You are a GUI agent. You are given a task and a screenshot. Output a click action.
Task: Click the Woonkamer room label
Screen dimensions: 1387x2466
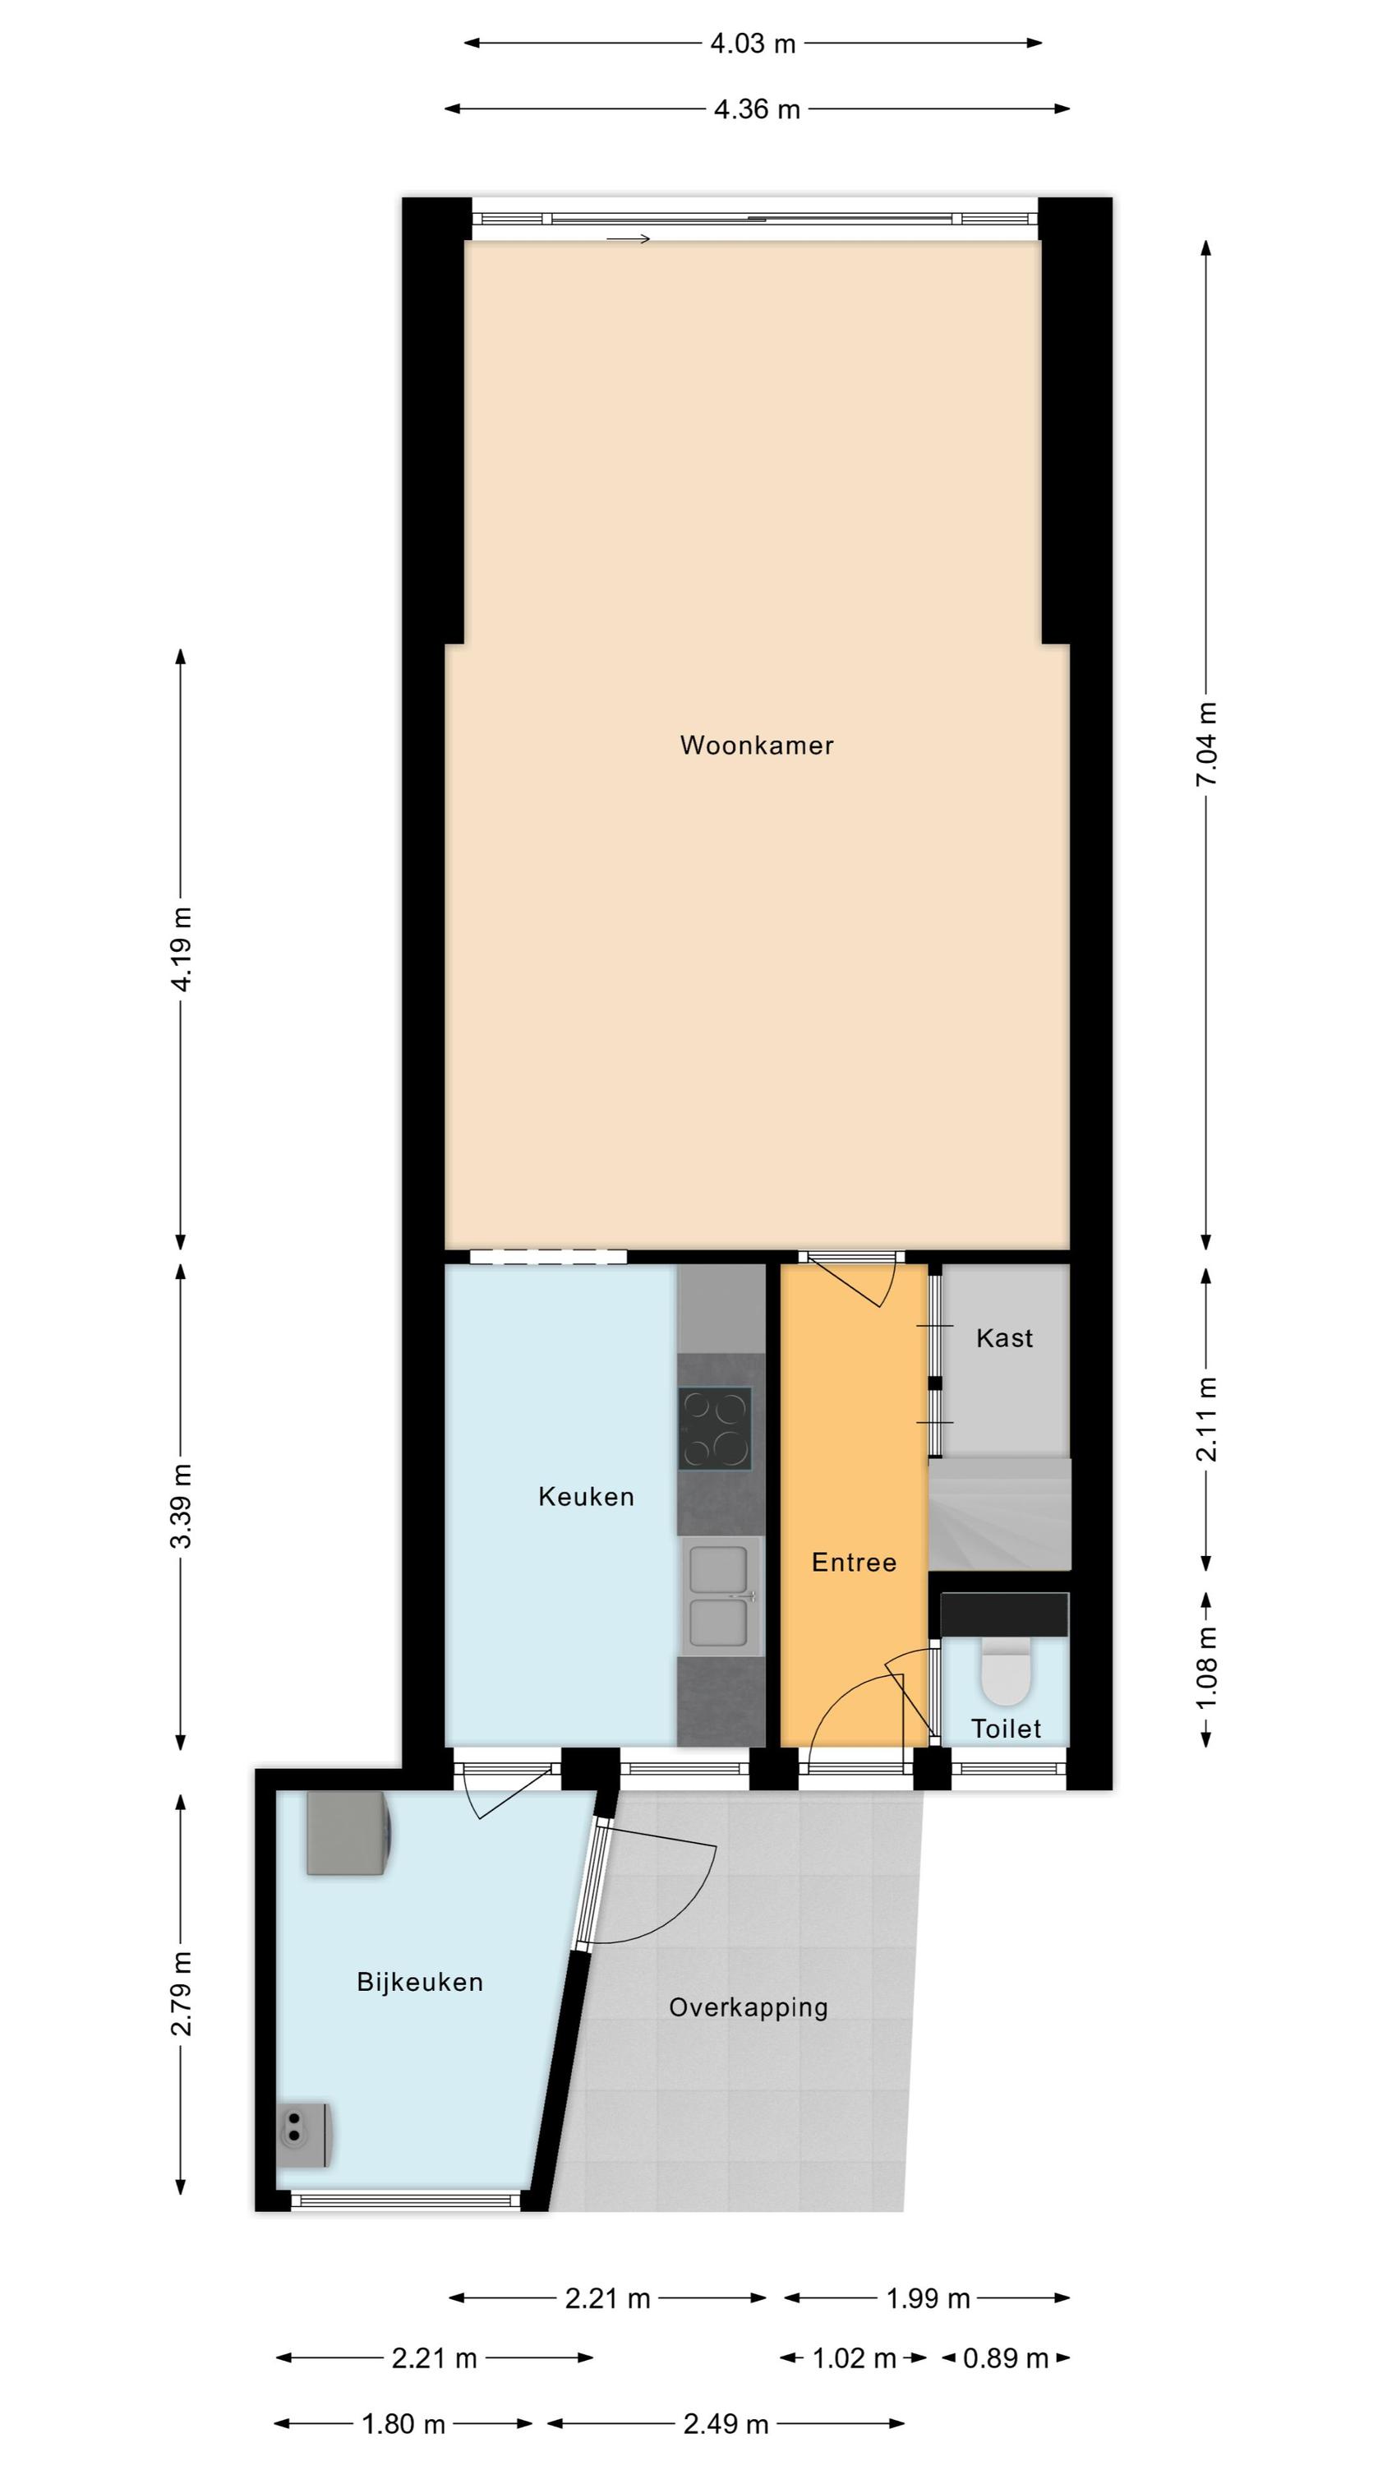(756, 746)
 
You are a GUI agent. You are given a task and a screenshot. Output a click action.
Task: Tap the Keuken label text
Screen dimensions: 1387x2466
(586, 1496)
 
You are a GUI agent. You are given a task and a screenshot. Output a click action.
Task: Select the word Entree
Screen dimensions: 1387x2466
(854, 1563)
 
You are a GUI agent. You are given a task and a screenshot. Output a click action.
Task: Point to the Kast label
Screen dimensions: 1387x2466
(1004, 1337)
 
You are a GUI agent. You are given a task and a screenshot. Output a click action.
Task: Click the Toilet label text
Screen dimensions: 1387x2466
(1006, 1728)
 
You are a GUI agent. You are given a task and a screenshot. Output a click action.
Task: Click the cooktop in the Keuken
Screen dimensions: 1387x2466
(715, 1429)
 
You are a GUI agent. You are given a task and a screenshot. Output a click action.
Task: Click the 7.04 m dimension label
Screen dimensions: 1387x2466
(1206, 744)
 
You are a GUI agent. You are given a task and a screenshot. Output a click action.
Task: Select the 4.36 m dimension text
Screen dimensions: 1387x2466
(756, 109)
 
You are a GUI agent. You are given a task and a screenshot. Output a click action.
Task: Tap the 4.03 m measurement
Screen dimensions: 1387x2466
(753, 43)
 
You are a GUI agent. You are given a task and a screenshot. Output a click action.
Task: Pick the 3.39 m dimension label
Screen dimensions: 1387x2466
(181, 1506)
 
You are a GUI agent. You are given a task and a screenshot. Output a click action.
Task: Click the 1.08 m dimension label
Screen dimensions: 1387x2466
(1206, 1669)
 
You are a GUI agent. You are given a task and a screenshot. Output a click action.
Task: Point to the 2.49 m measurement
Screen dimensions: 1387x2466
(726, 2424)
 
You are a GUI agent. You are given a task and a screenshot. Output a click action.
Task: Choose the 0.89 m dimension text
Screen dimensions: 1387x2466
(1005, 2357)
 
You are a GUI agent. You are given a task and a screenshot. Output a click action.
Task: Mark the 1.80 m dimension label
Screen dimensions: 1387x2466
(403, 2424)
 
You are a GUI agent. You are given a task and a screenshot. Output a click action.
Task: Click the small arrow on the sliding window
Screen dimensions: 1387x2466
(629, 238)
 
